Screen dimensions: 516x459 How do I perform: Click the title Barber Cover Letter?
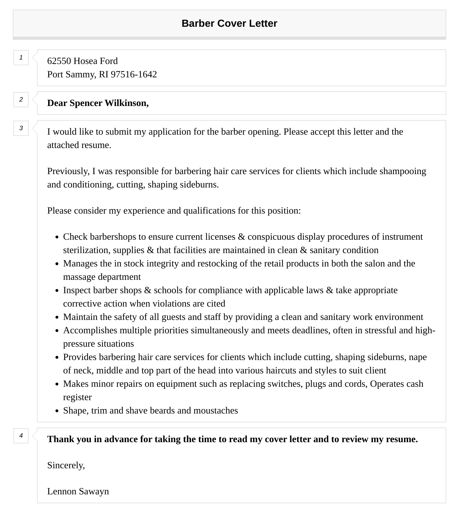(x=229, y=24)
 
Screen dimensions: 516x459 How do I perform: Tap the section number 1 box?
(x=21, y=58)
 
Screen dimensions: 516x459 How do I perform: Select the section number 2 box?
(x=21, y=100)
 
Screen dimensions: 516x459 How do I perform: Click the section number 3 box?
(x=21, y=128)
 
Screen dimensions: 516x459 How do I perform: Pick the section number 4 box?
(x=21, y=436)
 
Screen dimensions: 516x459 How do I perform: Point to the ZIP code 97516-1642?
(x=134, y=74)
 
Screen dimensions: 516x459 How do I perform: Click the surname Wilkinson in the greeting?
(x=127, y=103)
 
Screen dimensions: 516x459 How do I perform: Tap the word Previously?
(x=68, y=171)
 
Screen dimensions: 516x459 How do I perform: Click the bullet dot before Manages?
(x=57, y=264)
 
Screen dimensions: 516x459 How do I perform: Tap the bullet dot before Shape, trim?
(x=57, y=411)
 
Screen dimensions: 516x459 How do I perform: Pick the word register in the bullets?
(x=77, y=397)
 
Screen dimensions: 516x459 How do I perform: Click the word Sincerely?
(x=66, y=465)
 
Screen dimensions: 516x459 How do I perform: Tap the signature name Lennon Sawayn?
(x=78, y=491)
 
